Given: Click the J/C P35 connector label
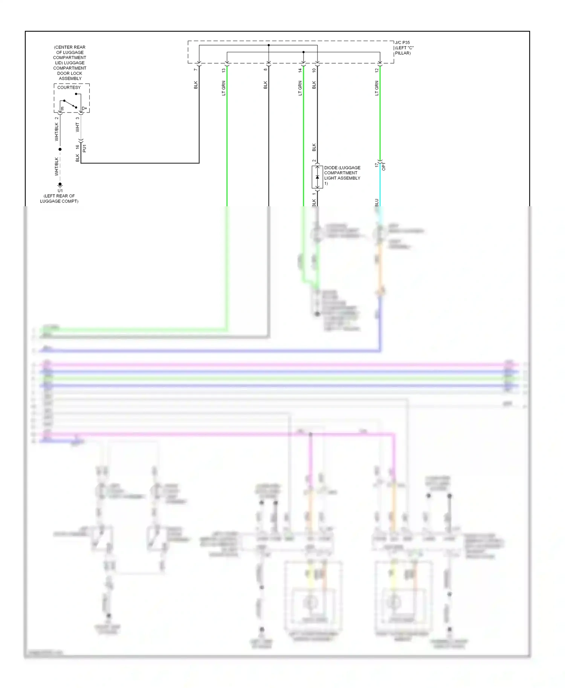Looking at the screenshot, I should tap(402, 43).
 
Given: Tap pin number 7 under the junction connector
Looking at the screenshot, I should tap(195, 70).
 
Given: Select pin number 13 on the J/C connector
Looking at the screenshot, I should tap(223, 70).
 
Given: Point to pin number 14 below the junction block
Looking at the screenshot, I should tap(300, 70).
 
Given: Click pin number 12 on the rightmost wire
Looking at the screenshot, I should tap(376, 70).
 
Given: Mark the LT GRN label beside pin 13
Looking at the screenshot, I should tap(223, 88).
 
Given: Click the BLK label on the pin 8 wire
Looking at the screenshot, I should tap(265, 85).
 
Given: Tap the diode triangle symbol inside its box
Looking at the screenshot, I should tap(317, 177).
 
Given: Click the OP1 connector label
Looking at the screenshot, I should tap(384, 166).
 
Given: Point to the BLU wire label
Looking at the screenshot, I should tap(376, 202).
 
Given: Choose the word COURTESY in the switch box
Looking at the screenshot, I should tap(69, 87).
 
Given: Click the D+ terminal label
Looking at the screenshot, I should tap(84, 108).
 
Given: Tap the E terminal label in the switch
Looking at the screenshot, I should tap(63, 109).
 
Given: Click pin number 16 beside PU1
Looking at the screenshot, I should tap(78, 147).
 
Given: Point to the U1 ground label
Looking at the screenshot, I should tap(60, 190).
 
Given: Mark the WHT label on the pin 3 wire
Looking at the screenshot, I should tap(78, 127).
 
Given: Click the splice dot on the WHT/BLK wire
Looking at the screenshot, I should tap(60, 149).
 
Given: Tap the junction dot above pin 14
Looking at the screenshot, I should tap(303, 52).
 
